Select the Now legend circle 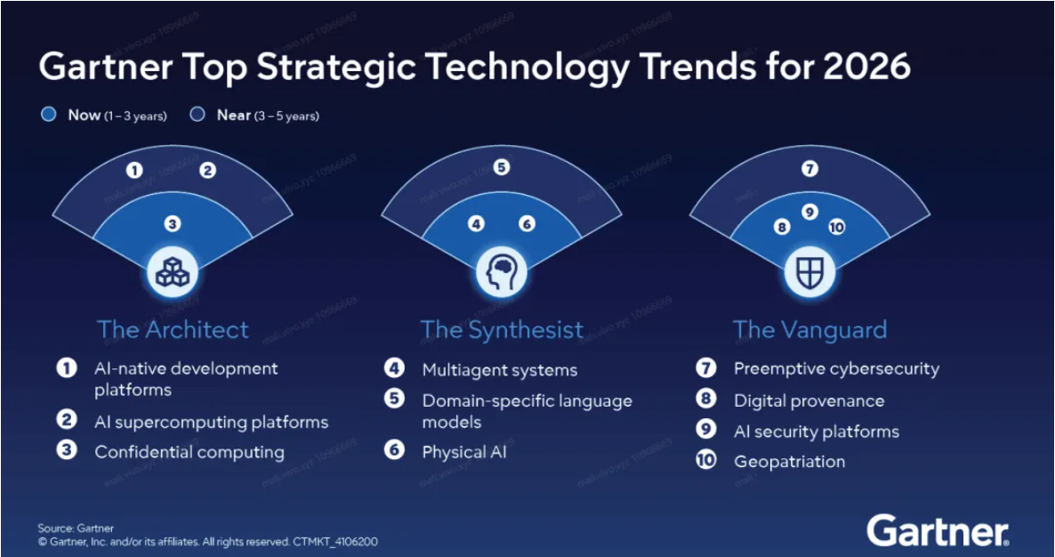pos(49,115)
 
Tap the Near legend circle pos(197,115)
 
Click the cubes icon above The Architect pos(173,271)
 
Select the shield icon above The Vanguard pos(809,271)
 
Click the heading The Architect pos(173,329)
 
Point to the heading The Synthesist pos(502,329)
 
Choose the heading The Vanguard pos(809,329)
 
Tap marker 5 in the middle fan pos(502,166)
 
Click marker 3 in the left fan pos(173,224)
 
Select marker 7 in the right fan pos(809,168)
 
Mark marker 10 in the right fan pos(836,227)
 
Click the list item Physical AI pos(465,452)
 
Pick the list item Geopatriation pos(789,461)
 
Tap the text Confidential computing pos(189,452)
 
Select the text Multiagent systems pos(499,370)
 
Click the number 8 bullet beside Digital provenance pos(706,400)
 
